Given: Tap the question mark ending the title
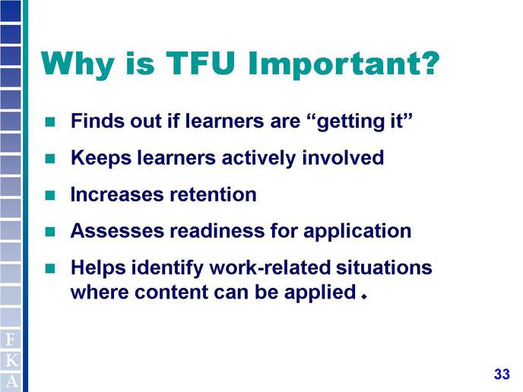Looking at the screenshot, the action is (427, 63).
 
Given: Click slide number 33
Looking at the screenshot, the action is (502, 374).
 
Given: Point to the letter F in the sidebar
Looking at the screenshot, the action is (11, 340).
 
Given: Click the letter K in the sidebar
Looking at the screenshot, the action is (11, 361).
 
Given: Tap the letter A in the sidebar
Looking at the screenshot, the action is (11, 381).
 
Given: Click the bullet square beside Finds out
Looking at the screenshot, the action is (50, 122).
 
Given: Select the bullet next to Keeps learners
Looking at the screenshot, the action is (50, 158).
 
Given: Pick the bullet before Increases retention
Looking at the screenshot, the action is (50, 195).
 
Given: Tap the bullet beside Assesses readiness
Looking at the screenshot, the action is (50, 232).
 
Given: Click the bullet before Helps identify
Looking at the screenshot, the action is (50, 268).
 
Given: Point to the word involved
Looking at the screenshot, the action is (343, 157).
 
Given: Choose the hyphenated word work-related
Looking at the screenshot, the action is (270, 267).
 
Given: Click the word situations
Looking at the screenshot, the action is (384, 267).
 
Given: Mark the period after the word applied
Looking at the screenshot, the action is (364, 296).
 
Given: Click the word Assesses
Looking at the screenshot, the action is (117, 231).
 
